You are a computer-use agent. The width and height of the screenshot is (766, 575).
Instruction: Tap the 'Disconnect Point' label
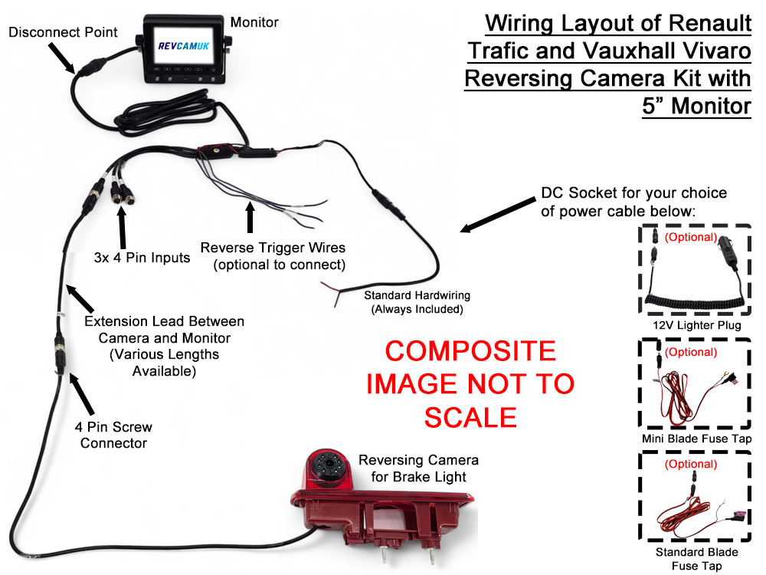coord(63,32)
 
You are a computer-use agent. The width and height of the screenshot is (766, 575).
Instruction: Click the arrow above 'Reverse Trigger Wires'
coord(250,216)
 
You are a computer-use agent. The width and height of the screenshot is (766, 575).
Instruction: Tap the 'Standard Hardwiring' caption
coord(417,301)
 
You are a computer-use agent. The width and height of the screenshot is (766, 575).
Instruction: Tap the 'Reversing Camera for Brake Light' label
coord(418,468)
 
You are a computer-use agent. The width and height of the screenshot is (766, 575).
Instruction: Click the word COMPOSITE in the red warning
coord(470,351)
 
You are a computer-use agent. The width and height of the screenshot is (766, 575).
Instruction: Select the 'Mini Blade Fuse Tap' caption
coord(696,439)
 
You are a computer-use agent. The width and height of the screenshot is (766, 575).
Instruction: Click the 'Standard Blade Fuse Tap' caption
coord(696,559)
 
